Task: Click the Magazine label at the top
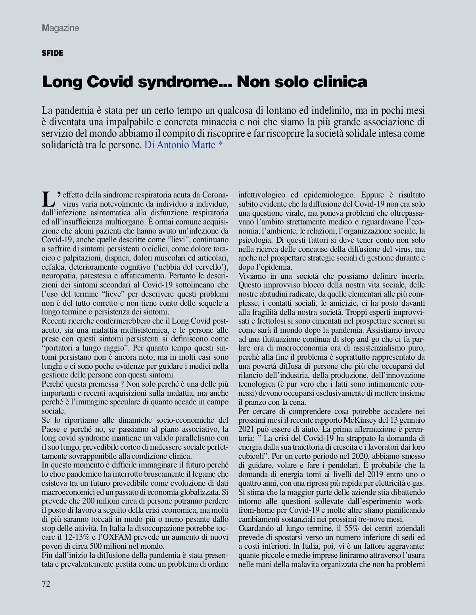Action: (x=60, y=28)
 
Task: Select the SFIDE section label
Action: (x=52, y=53)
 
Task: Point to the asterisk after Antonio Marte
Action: (x=221, y=145)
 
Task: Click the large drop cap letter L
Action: (x=48, y=199)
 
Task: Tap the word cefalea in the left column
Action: (x=53, y=267)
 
